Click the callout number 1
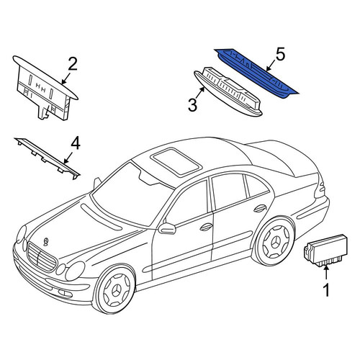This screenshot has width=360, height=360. point(326,290)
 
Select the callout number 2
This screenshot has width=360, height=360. point(73,63)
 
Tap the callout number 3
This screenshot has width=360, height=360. point(192,105)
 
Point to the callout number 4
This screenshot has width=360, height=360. point(75,143)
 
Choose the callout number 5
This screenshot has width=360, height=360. point(280,54)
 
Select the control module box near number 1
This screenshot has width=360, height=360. point(325,250)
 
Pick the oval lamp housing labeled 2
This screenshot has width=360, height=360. point(45,88)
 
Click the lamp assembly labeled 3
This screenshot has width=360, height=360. point(228,92)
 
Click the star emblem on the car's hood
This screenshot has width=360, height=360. point(45,242)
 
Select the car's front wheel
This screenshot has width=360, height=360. point(114,290)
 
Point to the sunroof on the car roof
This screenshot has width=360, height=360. point(176,161)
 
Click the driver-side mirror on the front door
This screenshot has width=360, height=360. point(167,228)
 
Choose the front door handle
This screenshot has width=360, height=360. point(206,227)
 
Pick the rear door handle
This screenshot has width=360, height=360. point(260,208)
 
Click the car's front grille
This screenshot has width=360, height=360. point(42,257)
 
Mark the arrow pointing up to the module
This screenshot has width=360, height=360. point(326,273)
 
